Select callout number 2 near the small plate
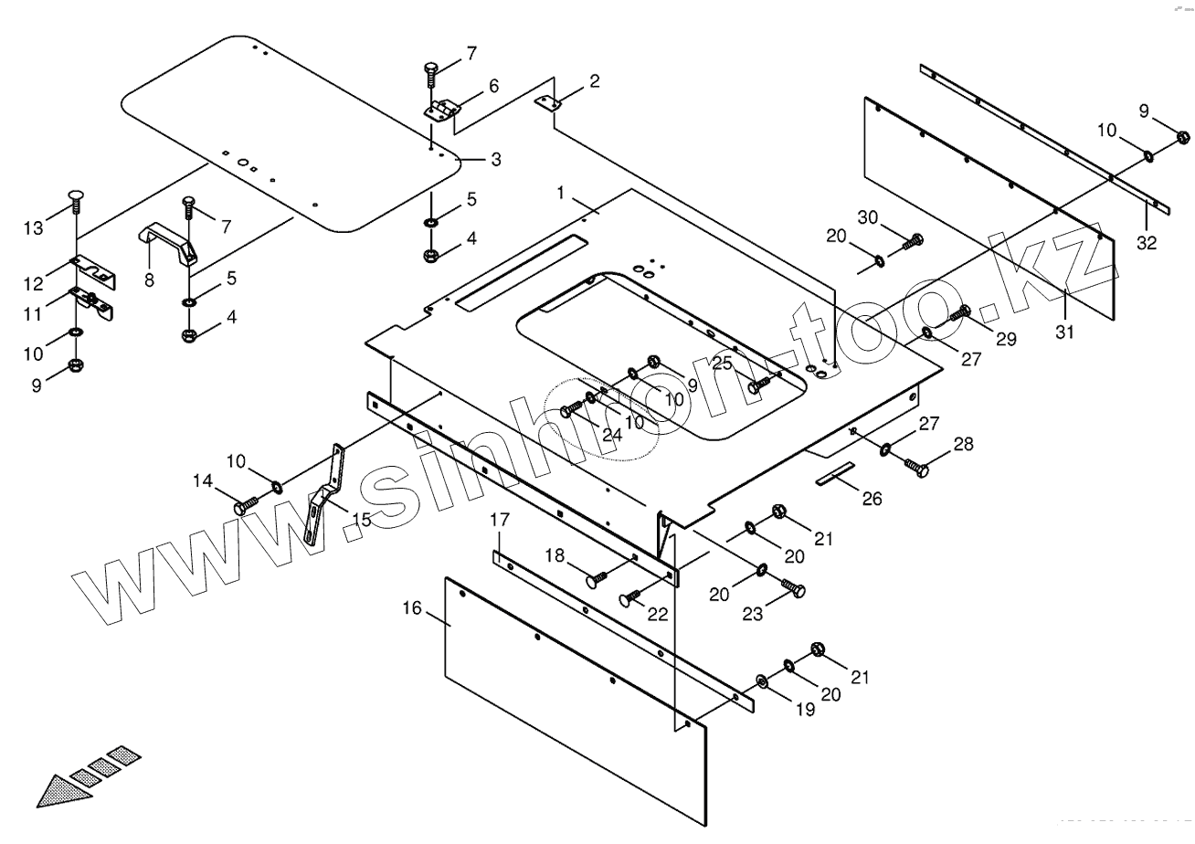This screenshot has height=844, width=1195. pyautogui.click(x=595, y=81)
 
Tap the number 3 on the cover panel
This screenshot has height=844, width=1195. pyautogui.click(x=495, y=160)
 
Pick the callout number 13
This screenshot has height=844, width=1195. pyautogui.click(x=33, y=227)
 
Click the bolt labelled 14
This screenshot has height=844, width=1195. pyautogui.click(x=247, y=504)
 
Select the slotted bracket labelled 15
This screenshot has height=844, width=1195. pyautogui.click(x=324, y=493)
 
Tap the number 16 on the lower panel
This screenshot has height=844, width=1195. pyautogui.click(x=412, y=607)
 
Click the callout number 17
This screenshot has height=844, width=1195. pyautogui.click(x=499, y=521)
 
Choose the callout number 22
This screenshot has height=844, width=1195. pyautogui.click(x=659, y=615)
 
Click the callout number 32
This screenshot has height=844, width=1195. pyautogui.click(x=1147, y=242)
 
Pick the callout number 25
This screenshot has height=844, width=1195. pyautogui.click(x=723, y=364)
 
